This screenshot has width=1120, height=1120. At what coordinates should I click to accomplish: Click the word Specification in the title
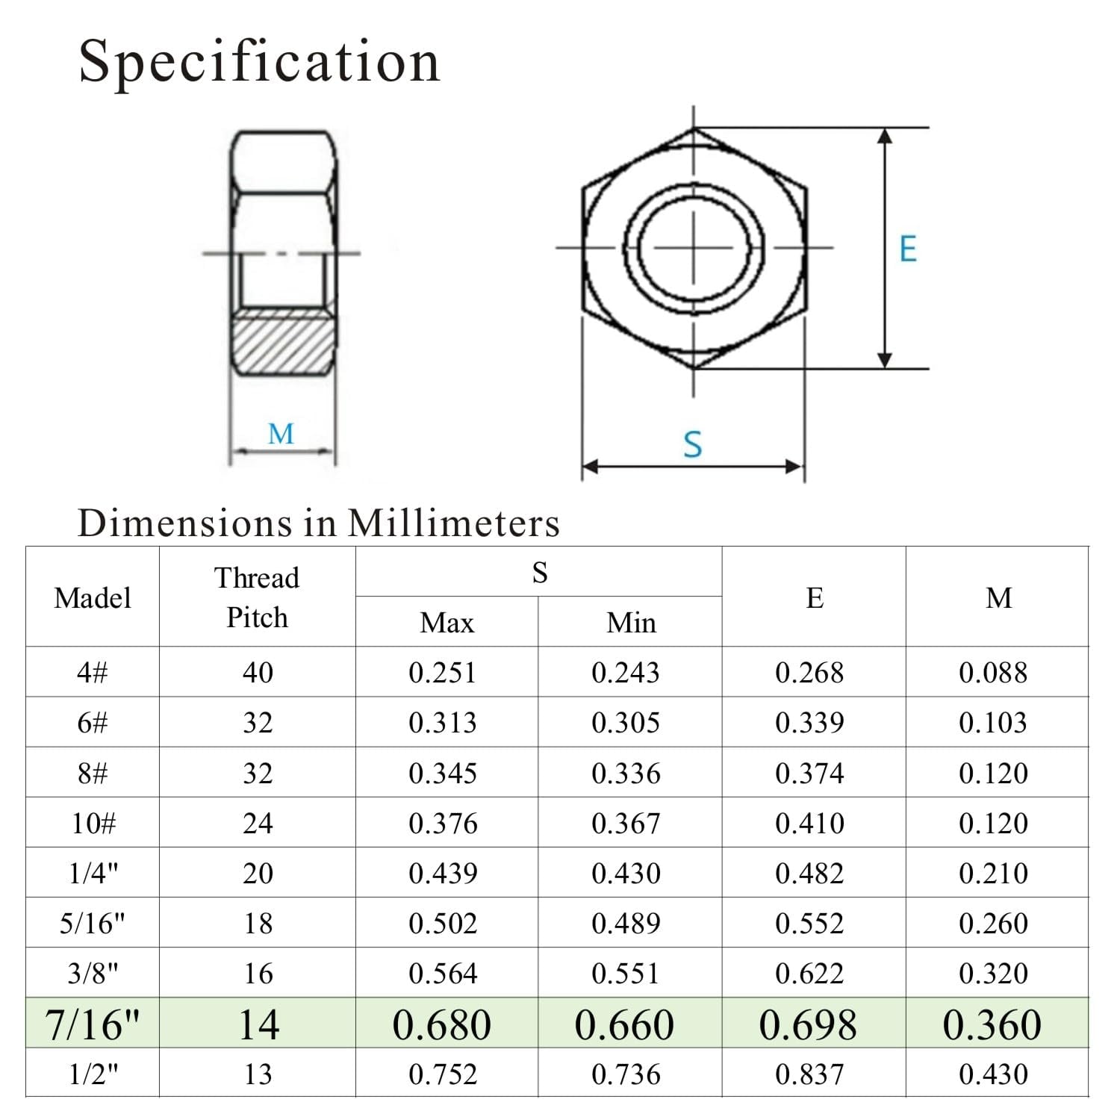[259, 61]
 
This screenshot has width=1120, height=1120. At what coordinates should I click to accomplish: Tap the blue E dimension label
[907, 249]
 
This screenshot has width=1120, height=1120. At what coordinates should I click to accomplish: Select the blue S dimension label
[692, 444]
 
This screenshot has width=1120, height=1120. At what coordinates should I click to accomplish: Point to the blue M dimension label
[281, 434]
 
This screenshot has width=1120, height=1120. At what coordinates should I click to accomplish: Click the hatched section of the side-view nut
[282, 345]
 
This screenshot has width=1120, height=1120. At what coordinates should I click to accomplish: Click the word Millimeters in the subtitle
[453, 523]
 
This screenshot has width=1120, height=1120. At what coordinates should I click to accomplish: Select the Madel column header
[93, 598]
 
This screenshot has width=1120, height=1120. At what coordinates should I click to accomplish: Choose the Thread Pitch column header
[257, 597]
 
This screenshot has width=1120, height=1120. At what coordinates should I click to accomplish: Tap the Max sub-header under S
[447, 623]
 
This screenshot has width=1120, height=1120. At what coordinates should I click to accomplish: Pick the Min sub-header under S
[631, 623]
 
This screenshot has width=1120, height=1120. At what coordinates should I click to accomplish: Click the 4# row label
[93, 673]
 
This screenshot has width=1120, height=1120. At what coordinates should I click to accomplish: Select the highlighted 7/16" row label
[93, 1024]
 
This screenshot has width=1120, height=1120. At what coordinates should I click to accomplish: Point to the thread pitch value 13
[258, 1074]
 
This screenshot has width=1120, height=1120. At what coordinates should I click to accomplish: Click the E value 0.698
[808, 1024]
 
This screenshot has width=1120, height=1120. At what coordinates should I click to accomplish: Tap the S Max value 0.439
[443, 874]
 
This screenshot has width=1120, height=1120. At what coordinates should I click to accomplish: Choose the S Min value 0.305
[626, 723]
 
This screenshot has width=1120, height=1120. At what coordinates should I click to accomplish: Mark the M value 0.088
[993, 673]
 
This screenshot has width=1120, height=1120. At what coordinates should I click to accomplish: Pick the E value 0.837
[809, 1074]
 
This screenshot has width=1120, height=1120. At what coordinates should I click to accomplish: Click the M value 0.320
[993, 974]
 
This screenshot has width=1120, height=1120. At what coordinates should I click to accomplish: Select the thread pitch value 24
[258, 824]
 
